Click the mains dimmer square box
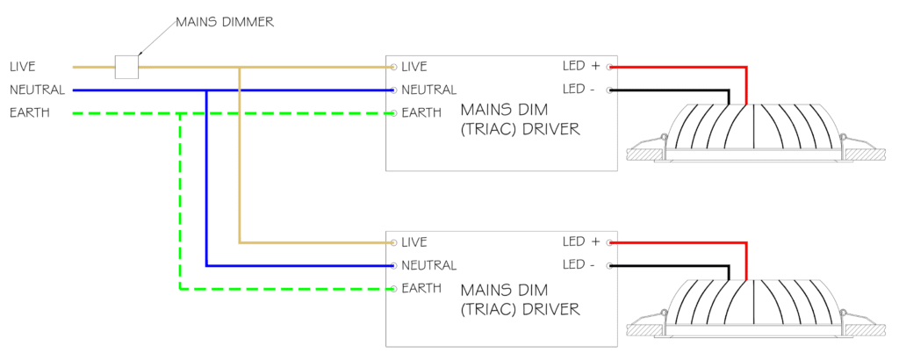[x=126, y=67]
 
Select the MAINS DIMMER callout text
[x=225, y=22]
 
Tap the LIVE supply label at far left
[x=22, y=67]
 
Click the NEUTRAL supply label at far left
[x=37, y=90]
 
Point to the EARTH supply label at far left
[x=30, y=113]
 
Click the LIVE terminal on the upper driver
[x=394, y=67]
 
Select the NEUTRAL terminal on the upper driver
[x=394, y=90]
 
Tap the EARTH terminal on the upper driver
[x=394, y=113]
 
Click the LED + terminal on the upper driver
[x=609, y=67]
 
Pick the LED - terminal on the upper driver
[x=609, y=90]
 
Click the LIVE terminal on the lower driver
[x=394, y=242]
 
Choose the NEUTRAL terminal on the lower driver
[x=394, y=265]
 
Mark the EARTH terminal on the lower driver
[x=394, y=288]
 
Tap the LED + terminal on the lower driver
[x=609, y=242]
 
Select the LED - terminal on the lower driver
[x=609, y=265]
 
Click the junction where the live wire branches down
[x=240, y=67]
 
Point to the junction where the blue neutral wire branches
[x=206, y=90]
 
